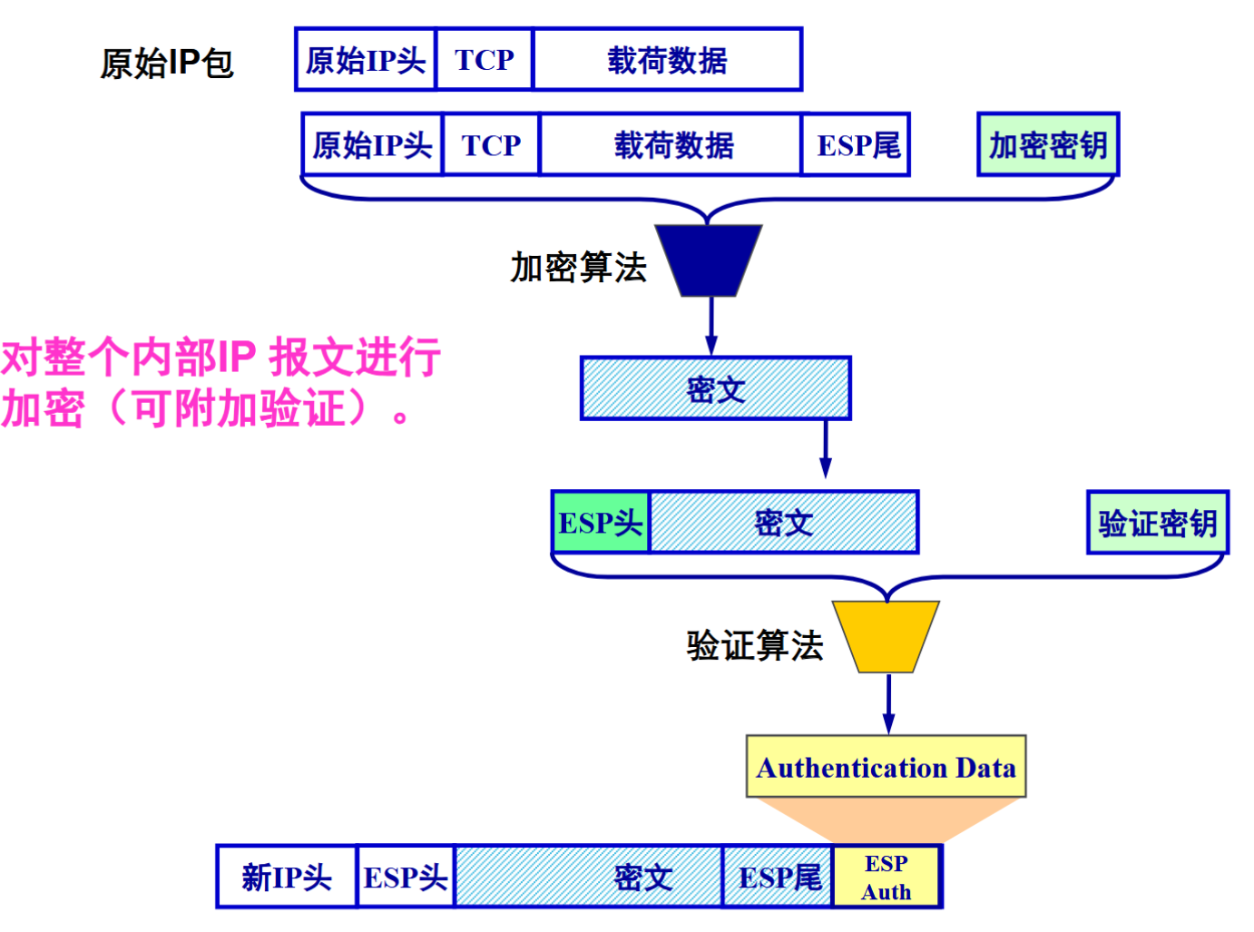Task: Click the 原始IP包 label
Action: click(x=167, y=63)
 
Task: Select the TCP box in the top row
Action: click(x=485, y=60)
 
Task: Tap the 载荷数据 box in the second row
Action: click(x=671, y=144)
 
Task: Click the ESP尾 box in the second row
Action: click(x=857, y=144)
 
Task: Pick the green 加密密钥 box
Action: click(x=1048, y=144)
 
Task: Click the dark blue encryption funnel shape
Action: click(x=709, y=260)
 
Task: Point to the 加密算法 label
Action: click(x=578, y=267)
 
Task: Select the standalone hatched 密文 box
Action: click(x=716, y=388)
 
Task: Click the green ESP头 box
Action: click(x=601, y=523)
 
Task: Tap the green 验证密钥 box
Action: click(x=1157, y=523)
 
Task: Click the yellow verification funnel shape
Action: click(x=887, y=635)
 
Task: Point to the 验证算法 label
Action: click(x=754, y=645)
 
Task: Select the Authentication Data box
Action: click(x=886, y=767)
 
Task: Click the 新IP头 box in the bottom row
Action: click(x=287, y=877)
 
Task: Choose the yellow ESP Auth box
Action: click(x=887, y=877)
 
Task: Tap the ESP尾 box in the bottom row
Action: click(x=779, y=877)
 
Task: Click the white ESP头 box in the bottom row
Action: click(x=406, y=877)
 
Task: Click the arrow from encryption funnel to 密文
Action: click(x=710, y=325)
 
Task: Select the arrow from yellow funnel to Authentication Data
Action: click(x=888, y=703)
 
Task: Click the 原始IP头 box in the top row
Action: click(x=366, y=60)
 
